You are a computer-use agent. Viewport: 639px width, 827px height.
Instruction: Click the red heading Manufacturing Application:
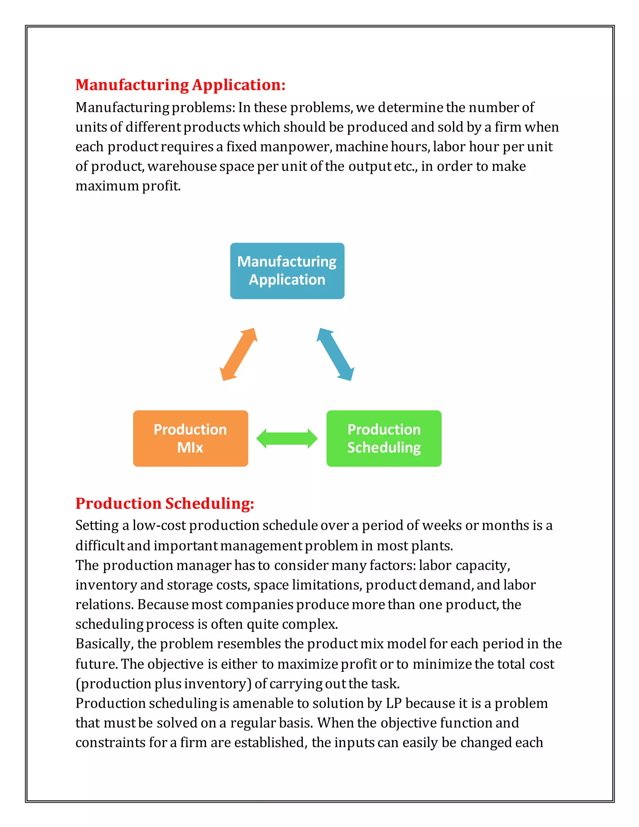(180, 85)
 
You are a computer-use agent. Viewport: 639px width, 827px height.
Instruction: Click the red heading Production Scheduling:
(165, 503)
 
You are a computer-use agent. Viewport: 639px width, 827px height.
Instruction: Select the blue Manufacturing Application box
(287, 271)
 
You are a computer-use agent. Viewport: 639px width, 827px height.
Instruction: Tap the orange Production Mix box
(190, 438)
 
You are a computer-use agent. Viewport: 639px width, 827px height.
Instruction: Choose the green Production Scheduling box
(384, 438)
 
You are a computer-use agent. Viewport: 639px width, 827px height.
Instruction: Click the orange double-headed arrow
(238, 355)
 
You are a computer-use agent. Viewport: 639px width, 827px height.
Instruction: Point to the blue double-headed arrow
(335, 355)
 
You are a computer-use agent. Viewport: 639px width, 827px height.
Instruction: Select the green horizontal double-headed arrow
(287, 438)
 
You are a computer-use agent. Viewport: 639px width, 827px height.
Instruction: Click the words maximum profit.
(128, 186)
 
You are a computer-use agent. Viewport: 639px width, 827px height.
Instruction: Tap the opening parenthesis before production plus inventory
(78, 684)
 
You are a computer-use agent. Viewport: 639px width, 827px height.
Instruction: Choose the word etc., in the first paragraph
(405, 167)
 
